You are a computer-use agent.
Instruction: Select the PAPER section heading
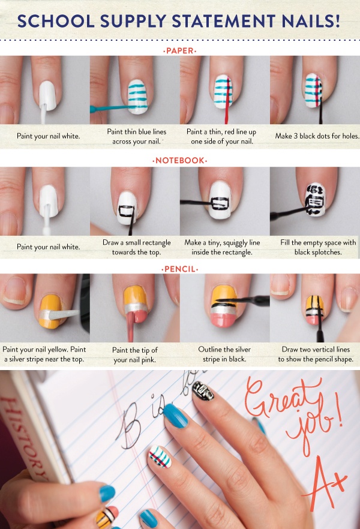tap(179, 51)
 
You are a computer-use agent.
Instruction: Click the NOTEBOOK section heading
tap(179, 161)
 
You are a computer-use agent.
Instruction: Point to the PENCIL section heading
tap(179, 269)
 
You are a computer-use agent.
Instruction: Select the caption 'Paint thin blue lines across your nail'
tap(136, 136)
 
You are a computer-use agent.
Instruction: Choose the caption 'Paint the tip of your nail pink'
tap(135, 354)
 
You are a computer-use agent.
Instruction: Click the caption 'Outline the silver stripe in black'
tap(224, 354)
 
